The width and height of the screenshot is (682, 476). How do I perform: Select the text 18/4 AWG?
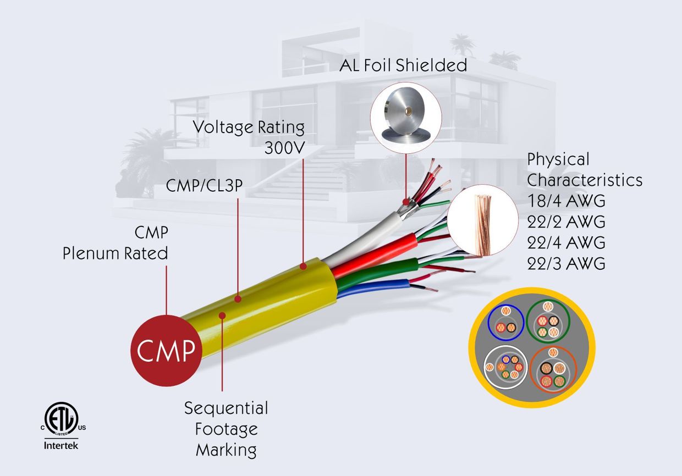click(566, 201)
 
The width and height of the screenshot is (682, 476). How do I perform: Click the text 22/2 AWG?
click(566, 222)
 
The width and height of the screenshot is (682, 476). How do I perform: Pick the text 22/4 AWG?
click(566, 242)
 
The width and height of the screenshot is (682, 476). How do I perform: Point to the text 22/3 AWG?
click(566, 263)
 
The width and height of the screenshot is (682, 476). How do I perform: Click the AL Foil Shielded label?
click(403, 65)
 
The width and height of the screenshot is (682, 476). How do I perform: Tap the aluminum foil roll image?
click(405, 118)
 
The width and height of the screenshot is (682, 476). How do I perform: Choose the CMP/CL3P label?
click(205, 187)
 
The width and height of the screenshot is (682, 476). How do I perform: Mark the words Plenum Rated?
click(115, 253)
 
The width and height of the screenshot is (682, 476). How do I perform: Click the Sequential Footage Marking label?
click(226, 429)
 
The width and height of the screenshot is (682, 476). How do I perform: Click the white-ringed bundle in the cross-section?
click(505, 367)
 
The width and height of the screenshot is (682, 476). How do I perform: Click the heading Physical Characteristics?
click(585, 170)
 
